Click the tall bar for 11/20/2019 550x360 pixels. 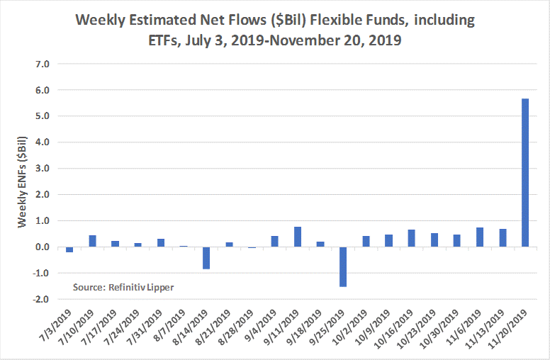pos(525,172)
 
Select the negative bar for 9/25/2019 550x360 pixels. pos(343,266)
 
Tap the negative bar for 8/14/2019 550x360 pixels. pos(206,258)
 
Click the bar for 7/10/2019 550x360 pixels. pos(92,241)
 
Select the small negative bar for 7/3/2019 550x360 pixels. pos(69,249)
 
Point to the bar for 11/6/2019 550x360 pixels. pos(480,237)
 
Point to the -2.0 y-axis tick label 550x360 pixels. pos(41,299)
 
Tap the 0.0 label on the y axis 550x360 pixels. pos(43,247)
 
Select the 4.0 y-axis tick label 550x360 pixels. pos(43,142)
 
